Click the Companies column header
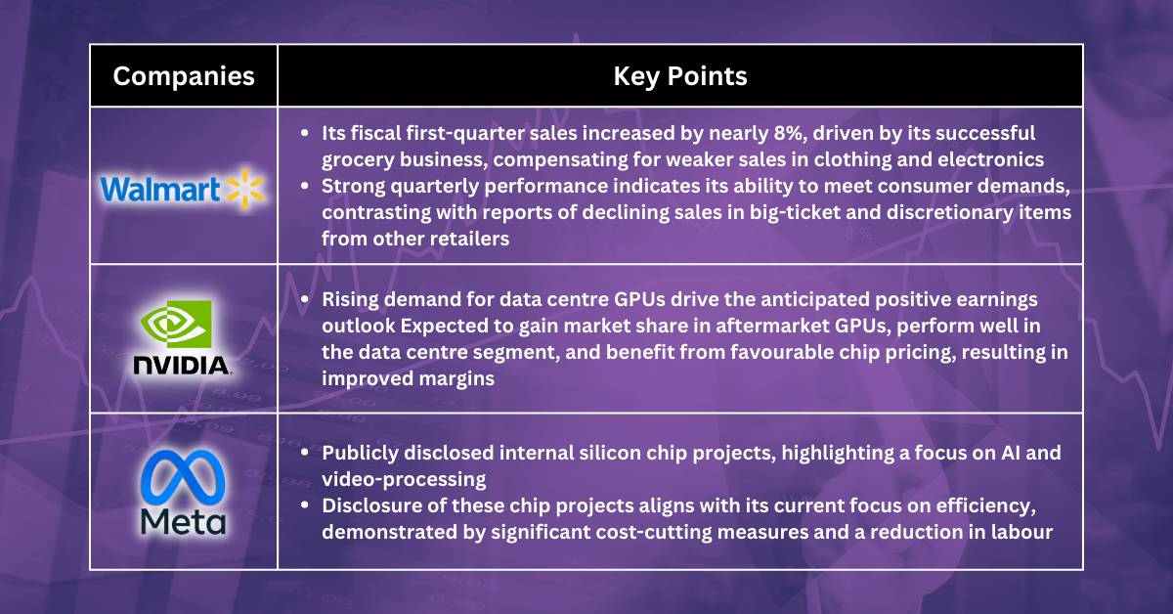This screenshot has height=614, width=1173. pyautogui.click(x=184, y=76)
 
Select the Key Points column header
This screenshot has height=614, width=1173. pyautogui.click(x=679, y=76)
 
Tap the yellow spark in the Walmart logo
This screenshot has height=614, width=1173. pyautogui.click(x=245, y=188)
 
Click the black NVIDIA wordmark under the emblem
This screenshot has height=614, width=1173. pyautogui.click(x=183, y=366)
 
